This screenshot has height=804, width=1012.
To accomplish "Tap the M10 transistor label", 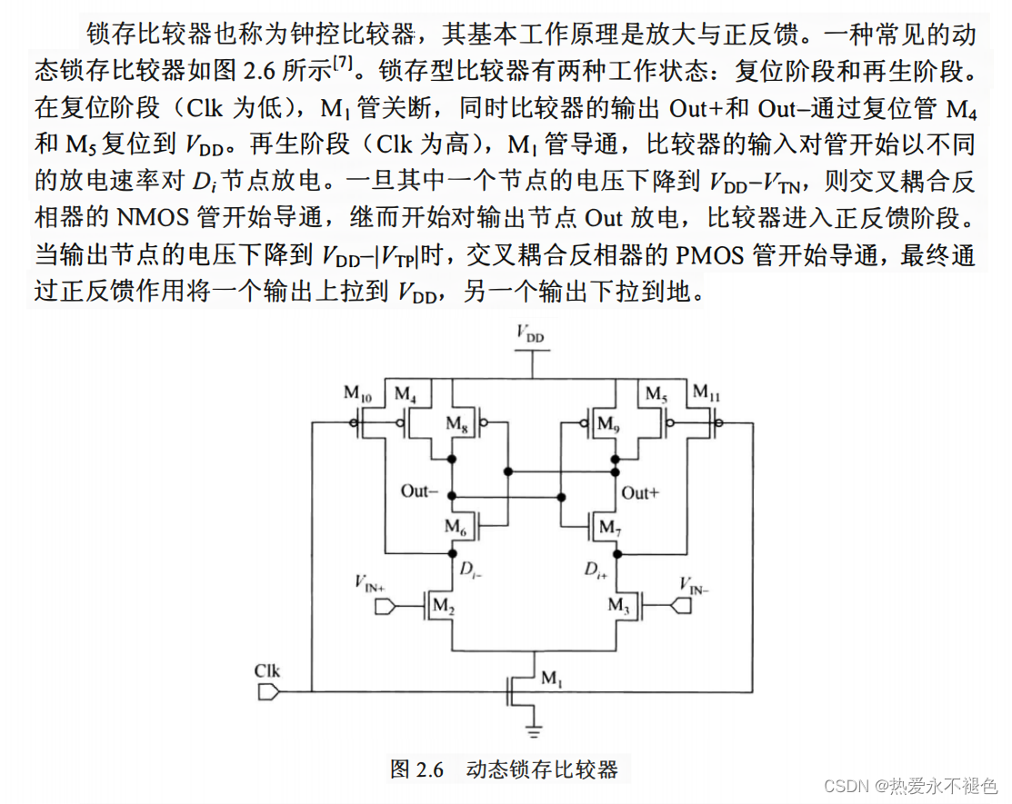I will coord(357,393).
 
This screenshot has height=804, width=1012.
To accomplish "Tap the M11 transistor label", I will coord(706,393).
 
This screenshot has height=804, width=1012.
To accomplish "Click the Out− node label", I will coord(420,491).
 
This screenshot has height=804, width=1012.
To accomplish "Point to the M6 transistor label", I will coord(456,526).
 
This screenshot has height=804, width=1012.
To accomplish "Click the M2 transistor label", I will coord(442,606).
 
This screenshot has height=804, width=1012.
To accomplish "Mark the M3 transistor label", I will coord(619,606).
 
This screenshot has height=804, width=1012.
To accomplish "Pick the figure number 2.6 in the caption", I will coord(428,769).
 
